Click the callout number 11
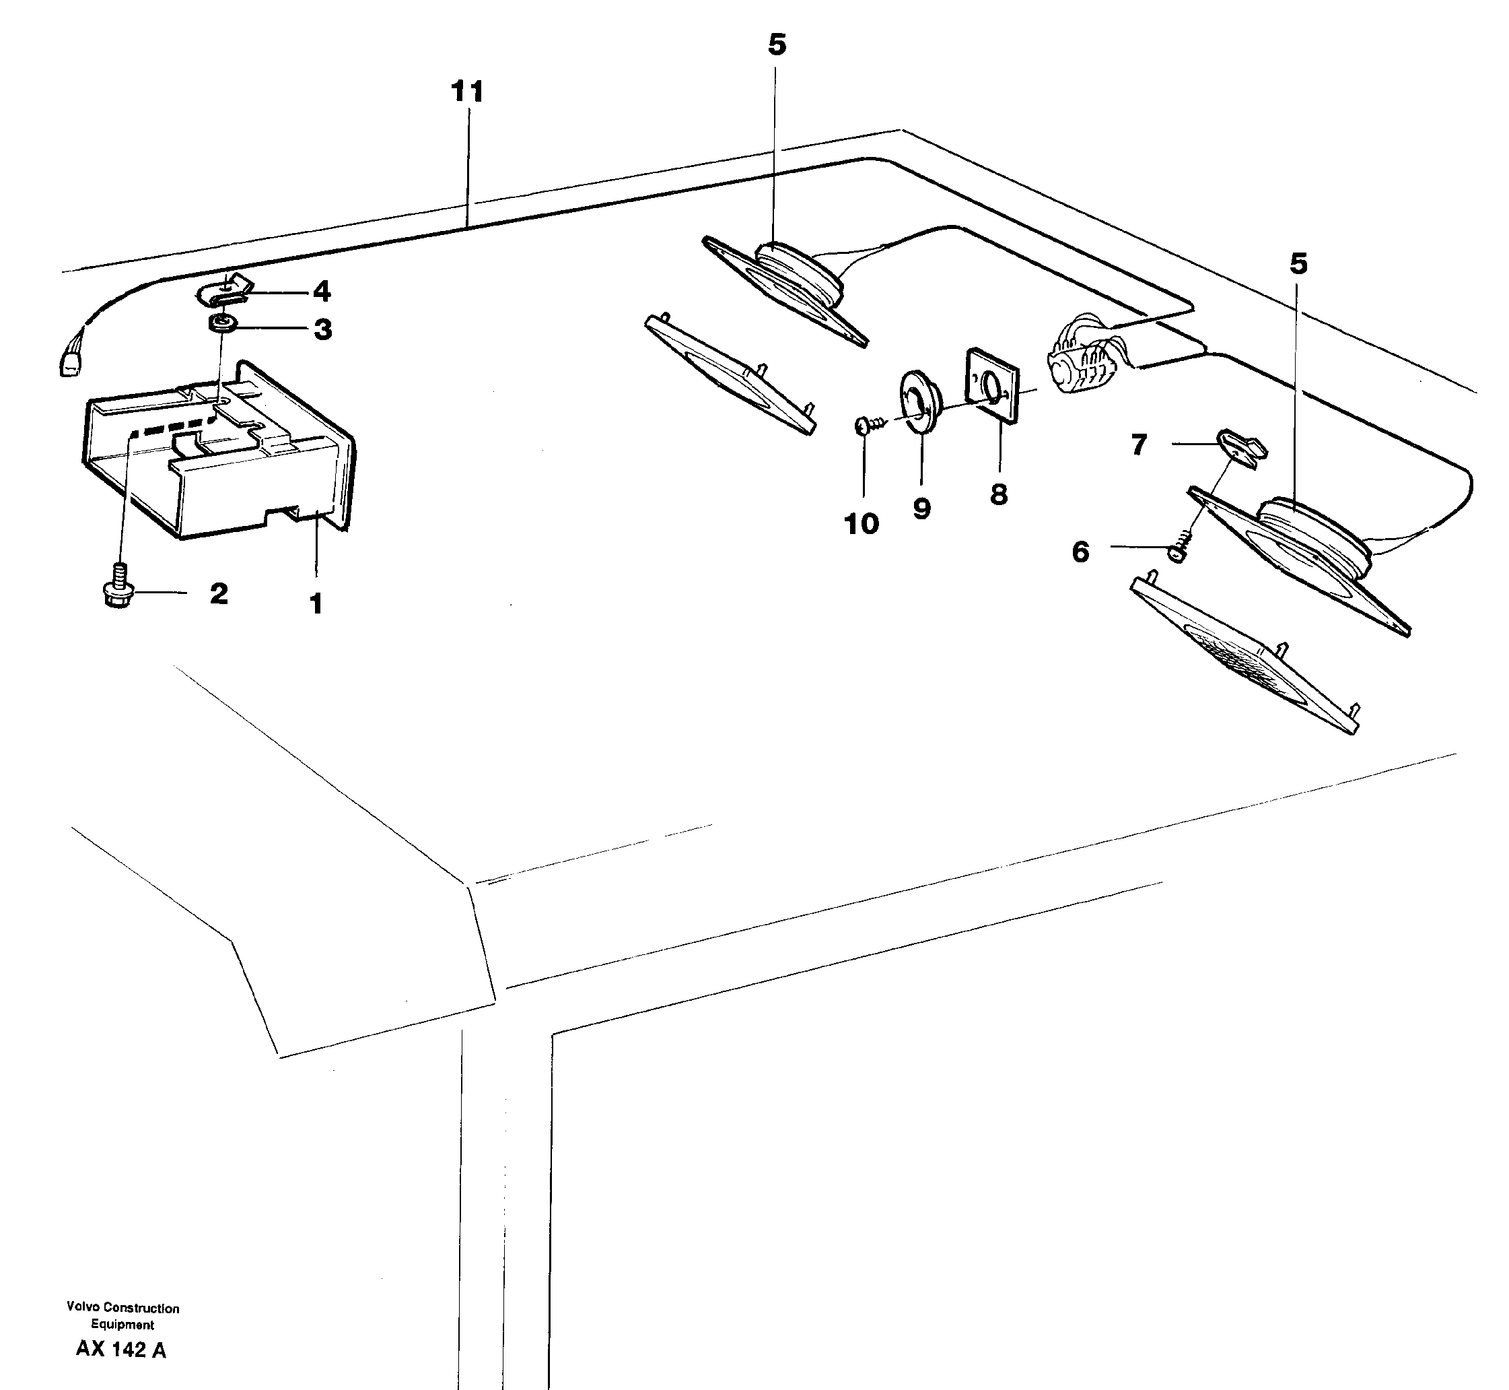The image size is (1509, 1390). (x=467, y=92)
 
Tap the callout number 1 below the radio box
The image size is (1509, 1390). (x=316, y=603)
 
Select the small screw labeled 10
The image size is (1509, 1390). (x=865, y=426)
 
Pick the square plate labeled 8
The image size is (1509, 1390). (x=991, y=385)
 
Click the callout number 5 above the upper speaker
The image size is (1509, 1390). (x=777, y=45)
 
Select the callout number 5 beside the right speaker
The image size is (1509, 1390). (x=1298, y=264)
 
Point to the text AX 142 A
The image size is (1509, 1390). (x=121, y=1350)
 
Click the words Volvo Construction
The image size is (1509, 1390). (x=122, y=1307)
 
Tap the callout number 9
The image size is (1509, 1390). (x=922, y=509)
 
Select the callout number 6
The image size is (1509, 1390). (x=1080, y=552)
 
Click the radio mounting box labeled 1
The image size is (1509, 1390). (x=218, y=451)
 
